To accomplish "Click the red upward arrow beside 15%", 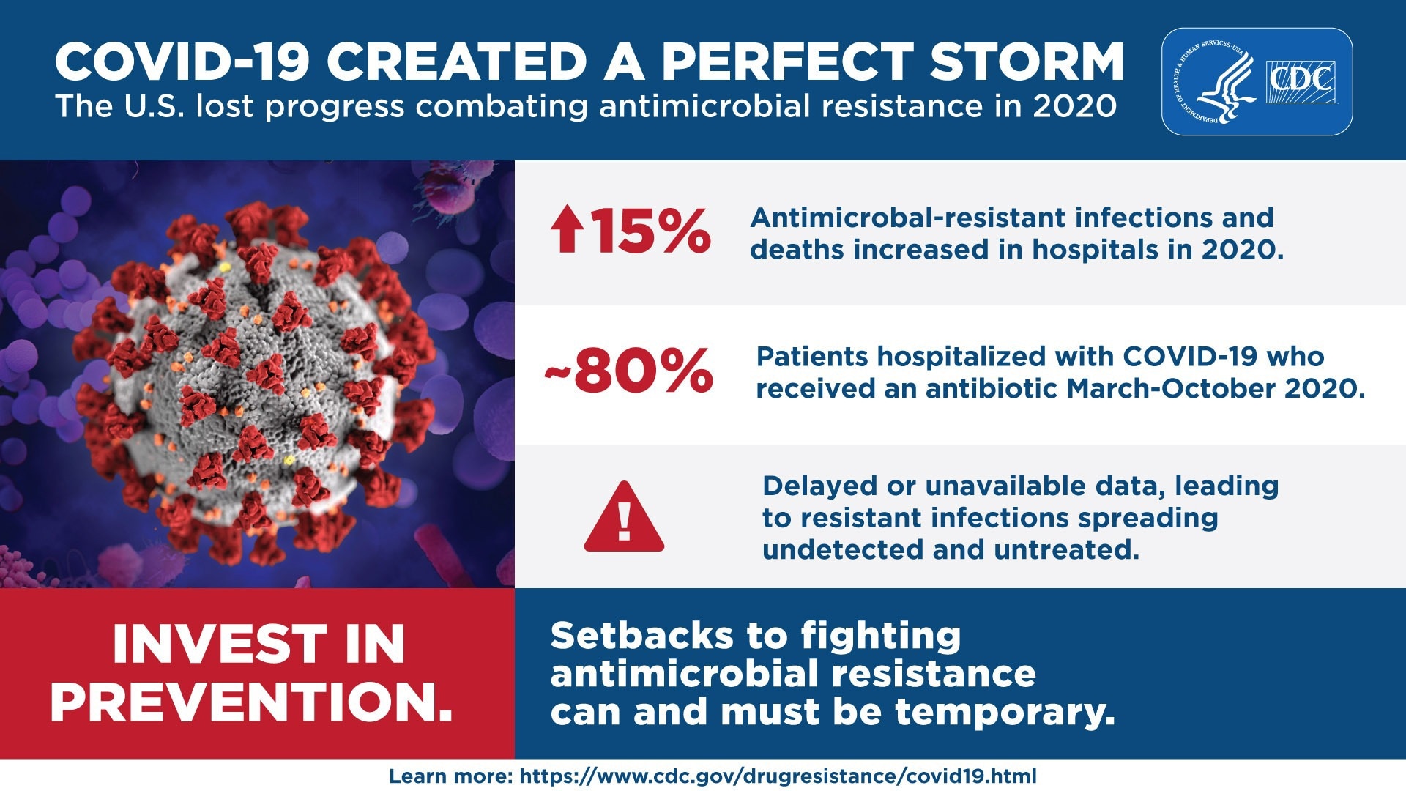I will click(x=568, y=229).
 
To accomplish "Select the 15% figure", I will click(x=650, y=231).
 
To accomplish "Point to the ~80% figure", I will click(x=628, y=371).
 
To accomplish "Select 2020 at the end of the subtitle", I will click(x=1074, y=107).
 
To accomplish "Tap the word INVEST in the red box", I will click(x=217, y=645).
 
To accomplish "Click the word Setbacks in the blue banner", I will click(x=641, y=635).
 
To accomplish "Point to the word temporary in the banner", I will click(x=1004, y=712).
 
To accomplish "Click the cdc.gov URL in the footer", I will click(x=778, y=776).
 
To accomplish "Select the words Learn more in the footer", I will click(x=450, y=776).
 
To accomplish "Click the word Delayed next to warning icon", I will click(x=819, y=486).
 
